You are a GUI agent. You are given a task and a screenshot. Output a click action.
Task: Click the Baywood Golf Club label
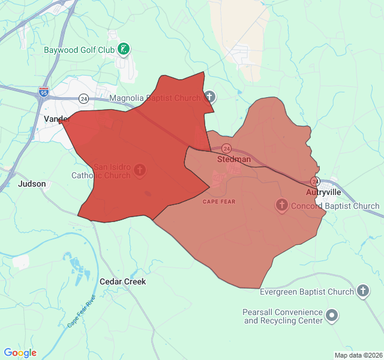(x=79, y=49)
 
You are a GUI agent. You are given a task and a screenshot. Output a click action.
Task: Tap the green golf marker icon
(x=124, y=49)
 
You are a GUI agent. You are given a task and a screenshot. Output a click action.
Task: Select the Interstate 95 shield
(x=43, y=92)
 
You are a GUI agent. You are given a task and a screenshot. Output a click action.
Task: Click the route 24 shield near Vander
(x=83, y=98)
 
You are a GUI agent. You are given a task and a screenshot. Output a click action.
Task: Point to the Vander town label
(x=56, y=119)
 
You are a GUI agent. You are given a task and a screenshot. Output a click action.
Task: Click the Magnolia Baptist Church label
(x=155, y=97)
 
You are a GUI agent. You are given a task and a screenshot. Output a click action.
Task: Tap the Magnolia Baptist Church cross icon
(x=209, y=96)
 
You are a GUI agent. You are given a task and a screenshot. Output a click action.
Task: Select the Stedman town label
(x=233, y=160)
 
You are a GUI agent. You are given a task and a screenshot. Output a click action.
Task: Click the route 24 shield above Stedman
(x=226, y=148)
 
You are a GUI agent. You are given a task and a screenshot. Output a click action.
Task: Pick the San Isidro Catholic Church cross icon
(x=139, y=170)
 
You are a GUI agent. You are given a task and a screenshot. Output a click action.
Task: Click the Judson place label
(x=32, y=184)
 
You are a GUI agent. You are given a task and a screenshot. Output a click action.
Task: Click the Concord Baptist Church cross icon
(x=281, y=206)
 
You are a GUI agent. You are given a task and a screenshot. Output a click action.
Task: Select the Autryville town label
(x=323, y=192)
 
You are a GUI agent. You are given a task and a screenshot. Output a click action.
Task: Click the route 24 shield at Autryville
(x=315, y=181)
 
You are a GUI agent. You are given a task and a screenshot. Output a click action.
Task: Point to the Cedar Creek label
(x=122, y=281)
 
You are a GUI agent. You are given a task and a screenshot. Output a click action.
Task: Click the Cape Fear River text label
(x=82, y=311)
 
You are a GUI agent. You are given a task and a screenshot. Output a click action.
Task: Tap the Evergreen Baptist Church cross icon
(x=362, y=292)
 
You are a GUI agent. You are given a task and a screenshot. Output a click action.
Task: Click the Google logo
(x=20, y=353)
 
